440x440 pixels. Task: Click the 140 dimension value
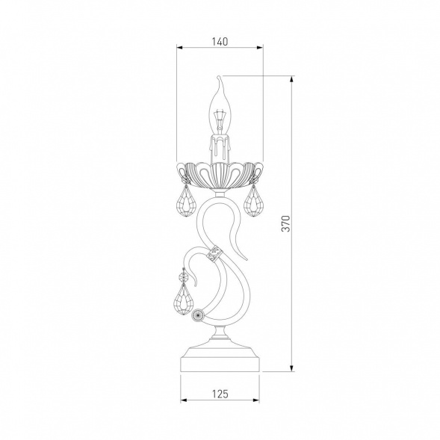pos(220,42)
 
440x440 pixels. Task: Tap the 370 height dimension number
pos(285,223)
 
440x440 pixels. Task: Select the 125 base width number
pos(220,394)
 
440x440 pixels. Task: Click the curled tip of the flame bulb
pos(219,77)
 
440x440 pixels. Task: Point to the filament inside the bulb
pos(220,120)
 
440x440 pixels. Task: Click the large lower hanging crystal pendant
pos(185,300)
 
